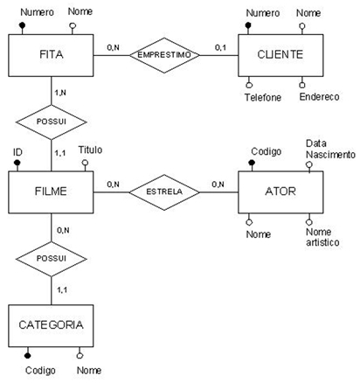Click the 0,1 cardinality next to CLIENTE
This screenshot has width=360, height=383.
pyautogui.click(x=220, y=47)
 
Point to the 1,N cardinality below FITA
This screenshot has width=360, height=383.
pyautogui.click(x=60, y=93)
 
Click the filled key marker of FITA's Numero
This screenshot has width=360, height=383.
pyautogui.click(x=22, y=25)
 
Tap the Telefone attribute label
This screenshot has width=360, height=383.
pyautogui.click(x=263, y=97)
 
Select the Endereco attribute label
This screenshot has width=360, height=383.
pyautogui.click(x=319, y=97)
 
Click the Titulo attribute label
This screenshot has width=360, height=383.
pyautogui.click(x=90, y=150)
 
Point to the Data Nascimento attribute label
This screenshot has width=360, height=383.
pyautogui.click(x=330, y=149)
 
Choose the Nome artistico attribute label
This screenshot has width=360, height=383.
pyautogui.click(x=322, y=237)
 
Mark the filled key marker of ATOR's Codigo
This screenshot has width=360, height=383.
pyautogui.click(x=252, y=163)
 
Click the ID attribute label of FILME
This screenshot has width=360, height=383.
pyautogui.click(x=17, y=152)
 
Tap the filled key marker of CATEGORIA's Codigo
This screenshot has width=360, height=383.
pyautogui.click(x=27, y=355)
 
